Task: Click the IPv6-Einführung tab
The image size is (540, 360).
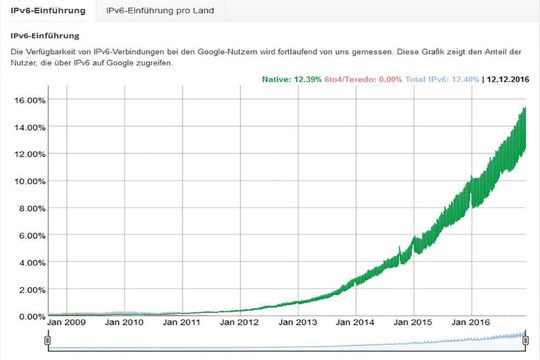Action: point(48,11)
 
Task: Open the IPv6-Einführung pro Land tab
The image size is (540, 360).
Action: point(160,11)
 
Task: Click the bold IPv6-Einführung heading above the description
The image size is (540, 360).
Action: point(45,35)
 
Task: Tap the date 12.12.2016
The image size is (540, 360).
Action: point(507,78)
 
